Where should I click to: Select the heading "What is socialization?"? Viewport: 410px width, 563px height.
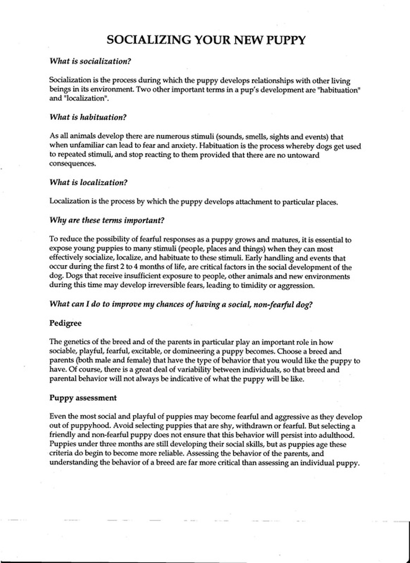click(90, 61)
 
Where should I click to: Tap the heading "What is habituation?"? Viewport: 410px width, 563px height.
click(87, 117)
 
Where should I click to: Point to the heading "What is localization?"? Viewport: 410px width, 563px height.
click(88, 182)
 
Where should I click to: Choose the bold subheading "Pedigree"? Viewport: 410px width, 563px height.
click(65, 323)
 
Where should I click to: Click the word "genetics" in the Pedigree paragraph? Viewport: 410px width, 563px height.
click(78, 342)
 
